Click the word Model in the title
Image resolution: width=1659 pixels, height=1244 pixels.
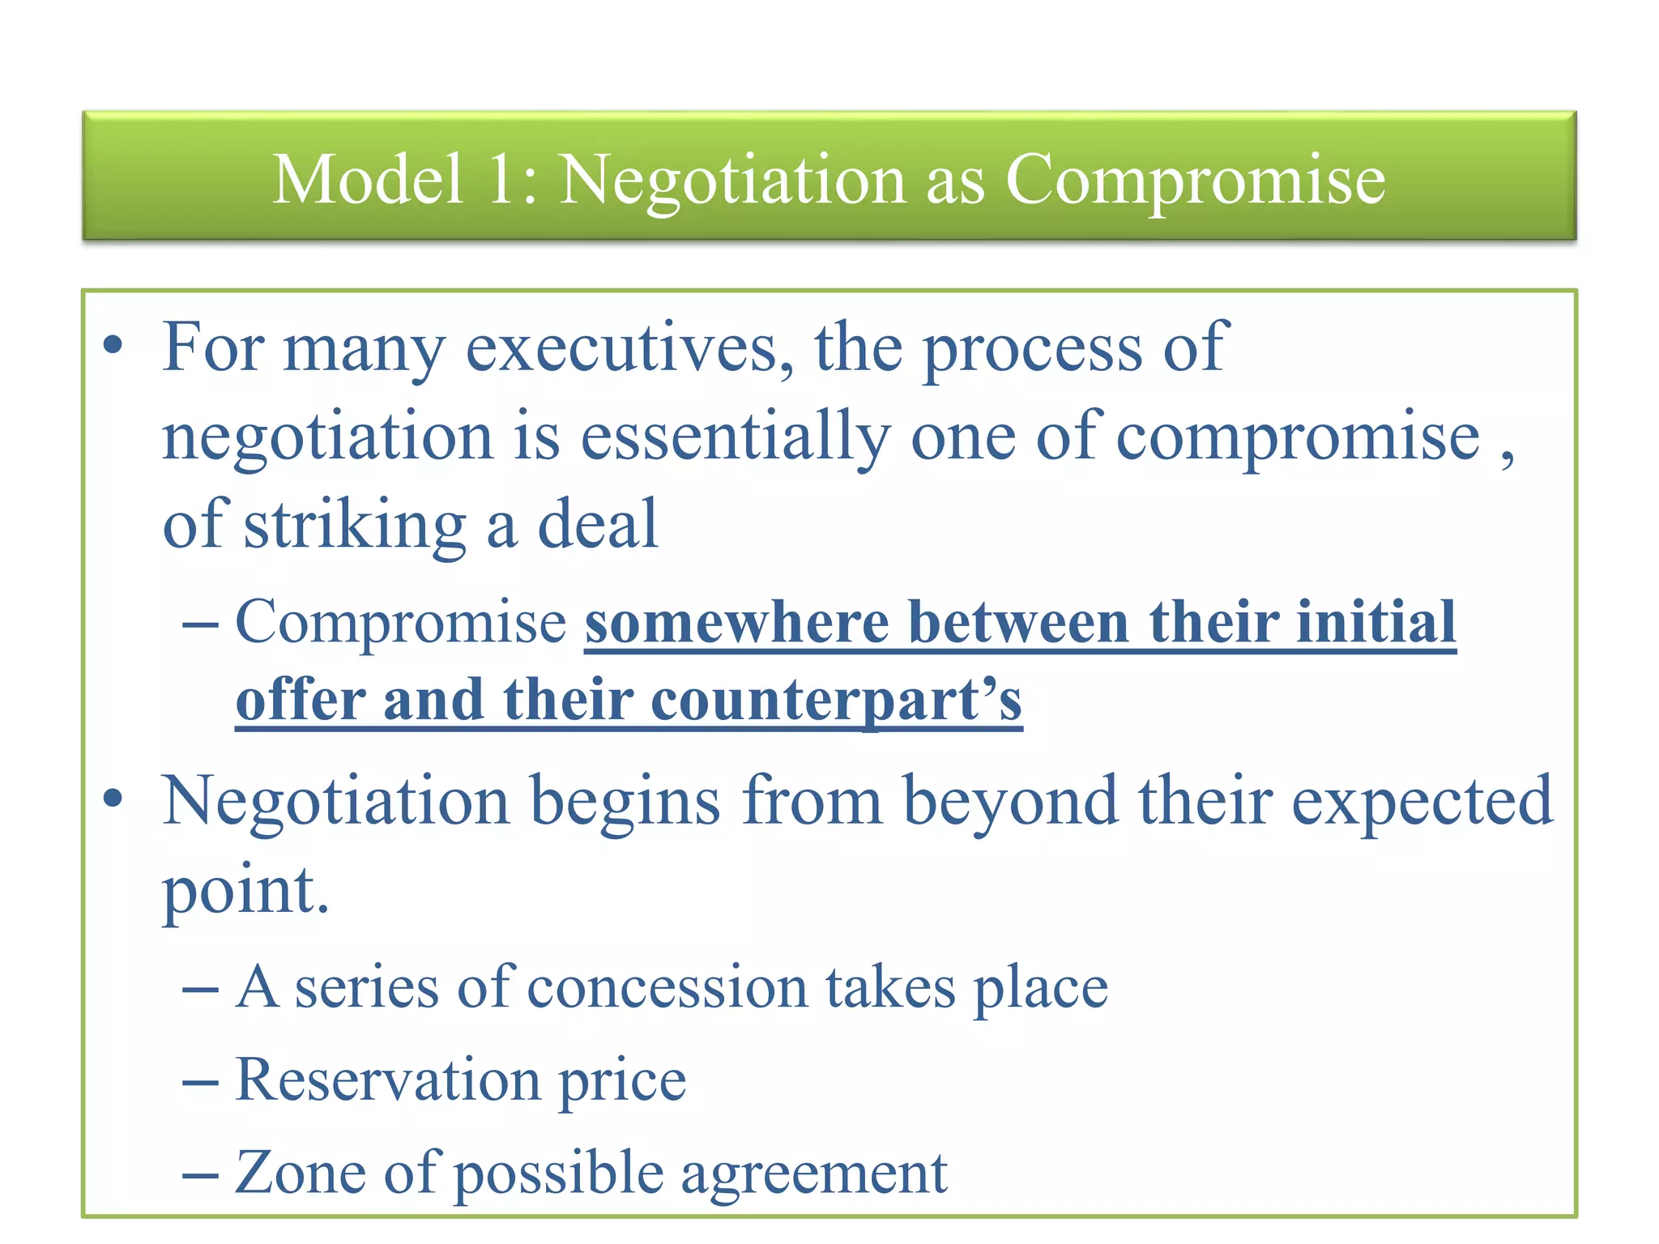click(368, 179)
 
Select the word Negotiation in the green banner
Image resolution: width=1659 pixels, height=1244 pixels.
click(732, 181)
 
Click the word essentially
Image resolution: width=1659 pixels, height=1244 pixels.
click(736, 437)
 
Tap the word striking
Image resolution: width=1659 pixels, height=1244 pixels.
click(355, 526)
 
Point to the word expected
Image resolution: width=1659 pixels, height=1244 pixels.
click(1422, 802)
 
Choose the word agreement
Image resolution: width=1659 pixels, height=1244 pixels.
click(813, 1174)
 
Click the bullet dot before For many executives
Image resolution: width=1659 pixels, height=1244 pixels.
click(113, 347)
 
